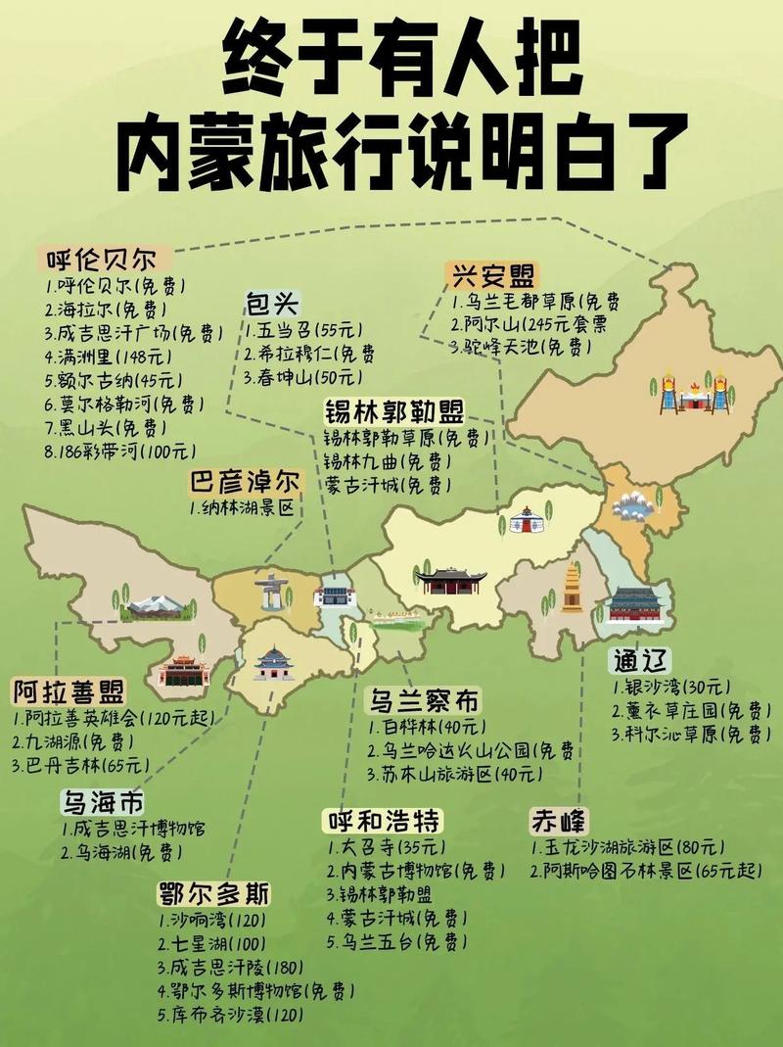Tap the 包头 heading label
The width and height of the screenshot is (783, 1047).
click(x=272, y=304)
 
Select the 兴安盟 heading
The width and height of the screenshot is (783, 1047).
click(x=495, y=275)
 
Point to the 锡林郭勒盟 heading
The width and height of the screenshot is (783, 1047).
click(x=394, y=410)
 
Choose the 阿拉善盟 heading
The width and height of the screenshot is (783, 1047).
click(x=69, y=692)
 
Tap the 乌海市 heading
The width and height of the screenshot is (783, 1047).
click(x=103, y=804)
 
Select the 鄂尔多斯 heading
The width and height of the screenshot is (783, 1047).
click(x=213, y=894)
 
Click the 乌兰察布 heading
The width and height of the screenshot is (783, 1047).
click(x=425, y=700)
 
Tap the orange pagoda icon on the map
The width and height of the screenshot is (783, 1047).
click(x=572, y=588)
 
